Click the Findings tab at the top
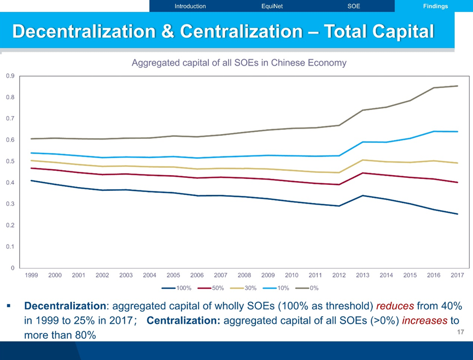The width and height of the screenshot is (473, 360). coord(435,6)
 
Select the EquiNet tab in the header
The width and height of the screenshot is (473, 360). coord(272,6)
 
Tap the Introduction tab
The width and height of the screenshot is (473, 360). coord(190,6)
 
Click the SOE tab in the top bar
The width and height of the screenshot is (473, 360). coord(354,6)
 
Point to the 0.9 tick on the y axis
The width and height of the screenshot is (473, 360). coord(10,76)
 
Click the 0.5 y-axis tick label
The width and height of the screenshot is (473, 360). coord(10,161)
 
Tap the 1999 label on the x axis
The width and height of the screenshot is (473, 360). coord(32,275)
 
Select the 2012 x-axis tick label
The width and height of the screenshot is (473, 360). coord(339,275)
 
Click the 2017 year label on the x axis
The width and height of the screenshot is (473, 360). coord(458,275)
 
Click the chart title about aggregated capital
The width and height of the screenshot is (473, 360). coord(239,63)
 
